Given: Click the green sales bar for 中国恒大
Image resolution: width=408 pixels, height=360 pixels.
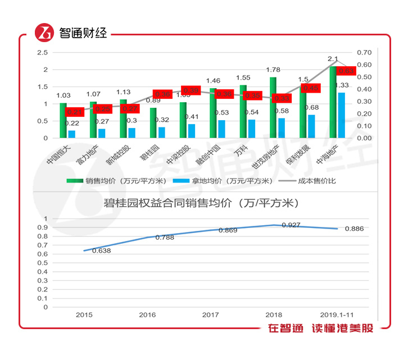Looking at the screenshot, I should [63, 120].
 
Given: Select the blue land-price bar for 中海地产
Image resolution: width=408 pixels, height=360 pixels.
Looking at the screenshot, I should [341, 115].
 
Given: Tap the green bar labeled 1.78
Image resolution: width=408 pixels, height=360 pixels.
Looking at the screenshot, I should [273, 107].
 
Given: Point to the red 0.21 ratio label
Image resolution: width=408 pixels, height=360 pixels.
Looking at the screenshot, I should [75, 112].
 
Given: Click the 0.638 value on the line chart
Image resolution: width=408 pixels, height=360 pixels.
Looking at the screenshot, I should [101, 250].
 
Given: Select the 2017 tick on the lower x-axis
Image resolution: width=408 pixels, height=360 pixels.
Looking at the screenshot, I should [210, 315].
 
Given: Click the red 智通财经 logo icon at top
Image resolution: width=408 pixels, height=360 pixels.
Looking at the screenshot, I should [44, 33].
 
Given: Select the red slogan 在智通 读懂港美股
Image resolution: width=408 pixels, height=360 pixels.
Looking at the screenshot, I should [320, 329].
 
